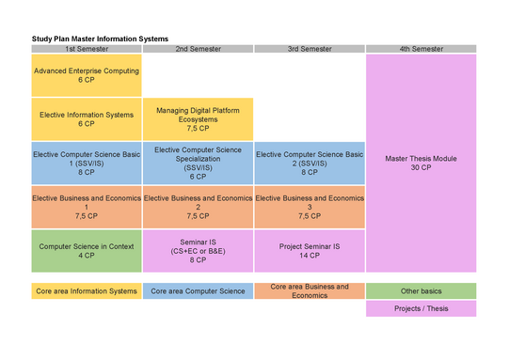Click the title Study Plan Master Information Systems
coord(100,39)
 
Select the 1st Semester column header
coord(87,49)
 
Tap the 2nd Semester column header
coord(198,49)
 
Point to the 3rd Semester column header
coord(310,49)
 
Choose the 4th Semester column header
coord(421,49)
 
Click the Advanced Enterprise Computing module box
coord(87,75)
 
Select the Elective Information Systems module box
coord(87,119)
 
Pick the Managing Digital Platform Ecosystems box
coord(198,119)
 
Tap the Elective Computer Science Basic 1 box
coord(87,164)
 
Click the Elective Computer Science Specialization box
coord(198,164)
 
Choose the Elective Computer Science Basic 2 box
coord(310,164)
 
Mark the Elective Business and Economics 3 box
coord(310,207)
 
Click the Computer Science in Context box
coord(87,251)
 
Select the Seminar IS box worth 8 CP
coord(198,251)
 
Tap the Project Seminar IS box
coord(310,251)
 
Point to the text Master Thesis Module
coord(421,159)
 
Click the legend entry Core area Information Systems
coord(87,291)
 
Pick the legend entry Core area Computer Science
coord(198,291)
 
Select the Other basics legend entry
coord(421,291)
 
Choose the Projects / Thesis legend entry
coord(421,308)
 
